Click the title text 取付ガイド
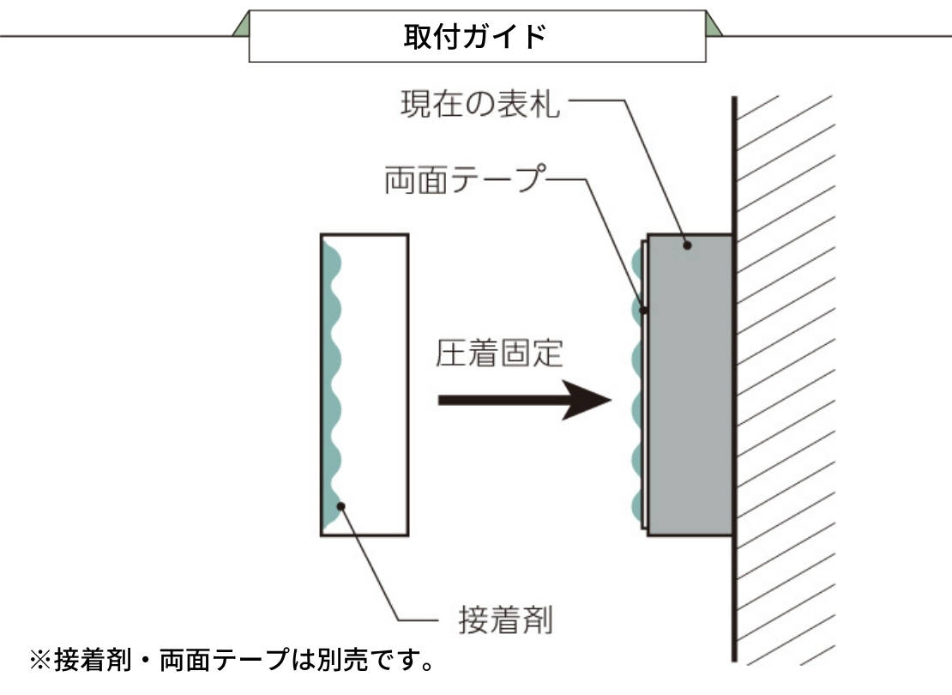pos(475,36)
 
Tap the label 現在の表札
pos(479,104)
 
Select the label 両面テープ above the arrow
pos(466,179)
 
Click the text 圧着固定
pos(499,354)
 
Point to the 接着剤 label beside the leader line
pos(505,620)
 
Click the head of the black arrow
pos(587,400)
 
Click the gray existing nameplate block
pos(690,384)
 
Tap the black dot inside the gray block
pos(687,245)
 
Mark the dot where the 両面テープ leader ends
pos(644,311)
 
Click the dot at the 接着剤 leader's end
pos(341,506)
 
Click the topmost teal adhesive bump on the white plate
pos(331,261)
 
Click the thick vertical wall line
pos(734,378)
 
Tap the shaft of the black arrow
pos(502,401)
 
